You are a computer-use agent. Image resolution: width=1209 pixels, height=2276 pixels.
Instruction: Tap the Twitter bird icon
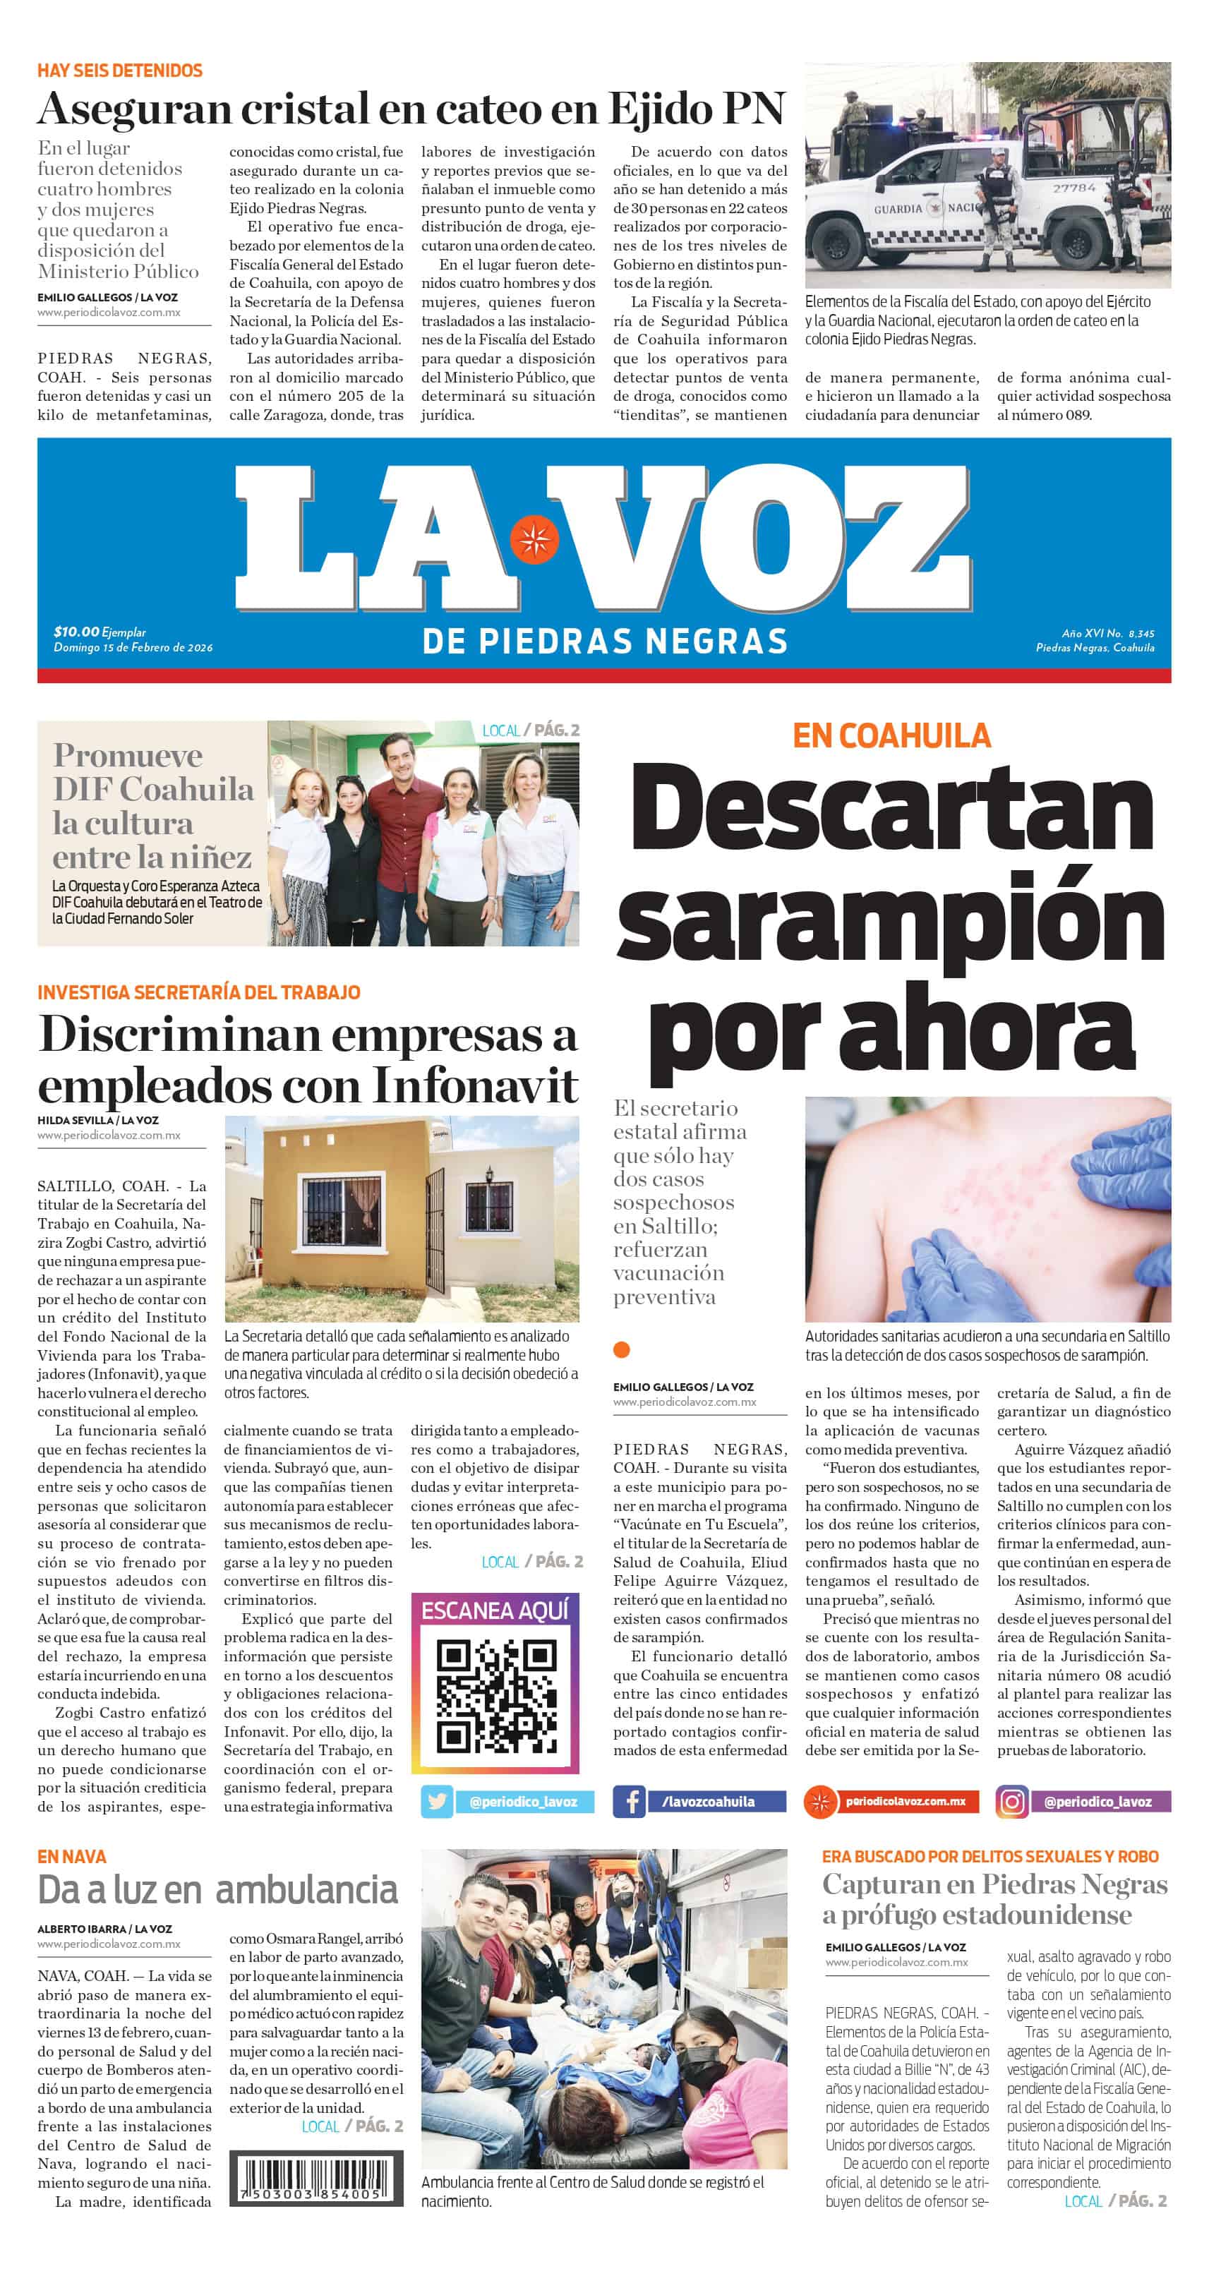point(437,1802)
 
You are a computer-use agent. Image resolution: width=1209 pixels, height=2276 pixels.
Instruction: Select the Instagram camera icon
point(1012,1802)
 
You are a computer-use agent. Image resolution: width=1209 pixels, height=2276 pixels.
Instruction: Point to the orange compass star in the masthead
point(534,537)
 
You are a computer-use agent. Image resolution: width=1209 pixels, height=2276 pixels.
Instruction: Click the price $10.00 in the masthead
point(76,632)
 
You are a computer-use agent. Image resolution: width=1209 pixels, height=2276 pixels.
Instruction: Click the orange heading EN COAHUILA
point(891,736)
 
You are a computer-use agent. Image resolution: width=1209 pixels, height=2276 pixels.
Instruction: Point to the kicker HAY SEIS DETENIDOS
point(119,71)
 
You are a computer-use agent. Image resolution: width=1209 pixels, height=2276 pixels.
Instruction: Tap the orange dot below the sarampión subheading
point(621,1349)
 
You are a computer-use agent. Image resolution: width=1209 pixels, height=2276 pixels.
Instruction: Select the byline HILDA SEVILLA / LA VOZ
point(97,1120)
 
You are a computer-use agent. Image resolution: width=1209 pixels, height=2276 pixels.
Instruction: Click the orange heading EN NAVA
point(71,1856)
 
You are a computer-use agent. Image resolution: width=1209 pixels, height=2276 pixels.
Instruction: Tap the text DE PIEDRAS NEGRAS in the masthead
point(604,642)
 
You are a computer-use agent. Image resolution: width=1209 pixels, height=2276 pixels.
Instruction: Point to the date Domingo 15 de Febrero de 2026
point(133,648)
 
